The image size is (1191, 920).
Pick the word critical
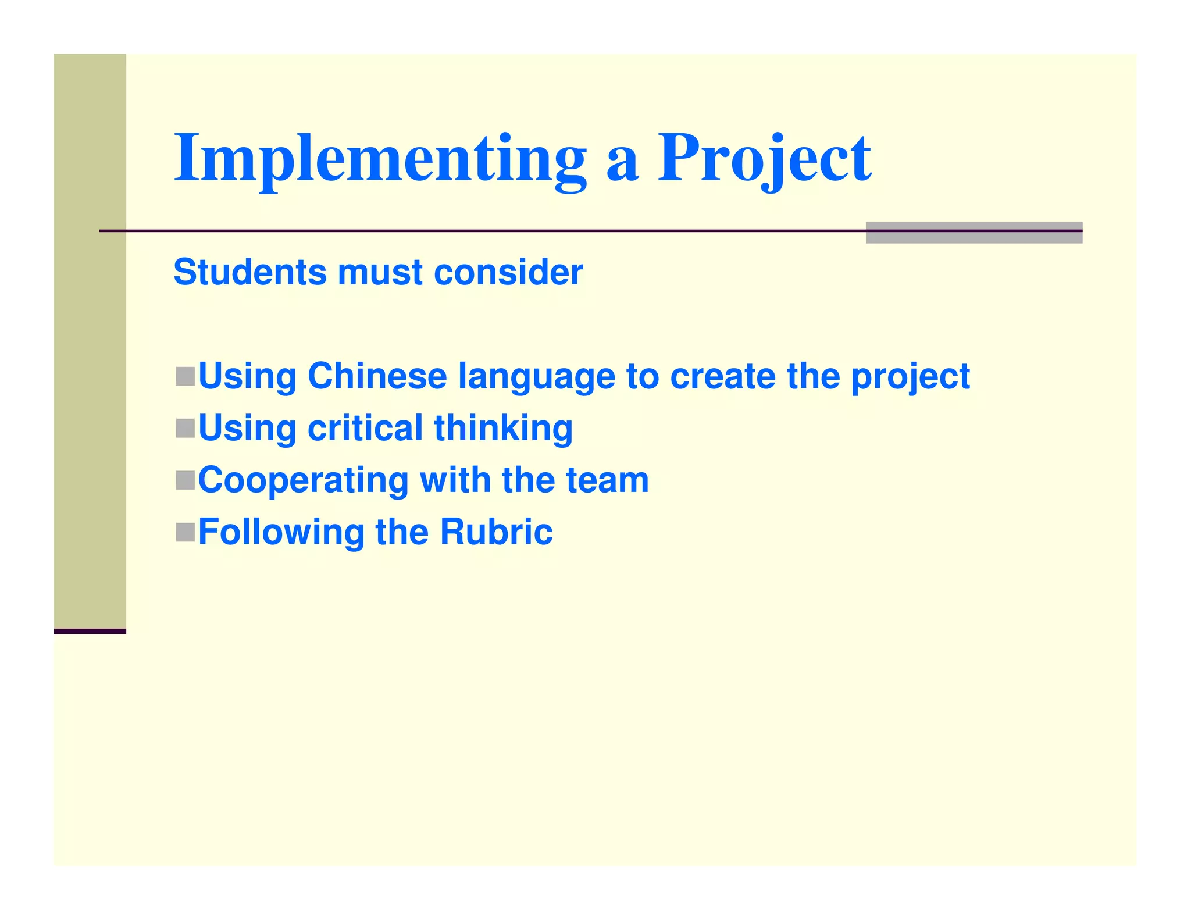click(365, 428)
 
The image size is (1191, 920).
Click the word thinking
click(503, 429)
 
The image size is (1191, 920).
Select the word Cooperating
click(304, 482)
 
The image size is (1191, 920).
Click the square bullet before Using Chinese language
click(185, 376)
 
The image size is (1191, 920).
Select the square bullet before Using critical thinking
click(185, 429)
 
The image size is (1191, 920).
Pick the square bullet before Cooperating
click(185, 480)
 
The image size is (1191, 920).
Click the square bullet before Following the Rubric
click(185, 532)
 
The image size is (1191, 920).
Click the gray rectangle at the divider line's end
click(974, 233)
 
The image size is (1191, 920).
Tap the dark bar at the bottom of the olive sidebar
click(90, 631)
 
